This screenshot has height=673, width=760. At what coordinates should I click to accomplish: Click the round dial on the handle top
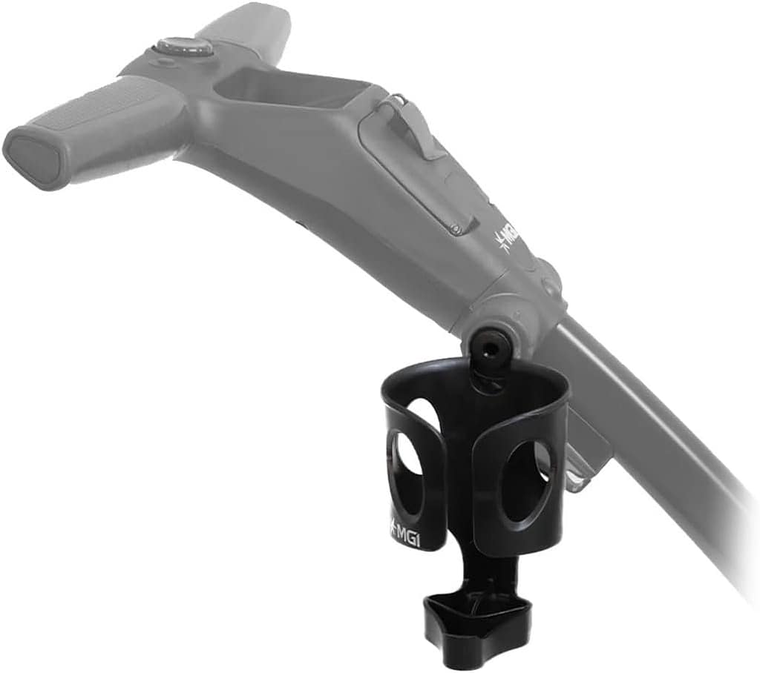coord(183,47)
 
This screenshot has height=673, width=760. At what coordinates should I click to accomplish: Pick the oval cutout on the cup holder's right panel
coord(525,481)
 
